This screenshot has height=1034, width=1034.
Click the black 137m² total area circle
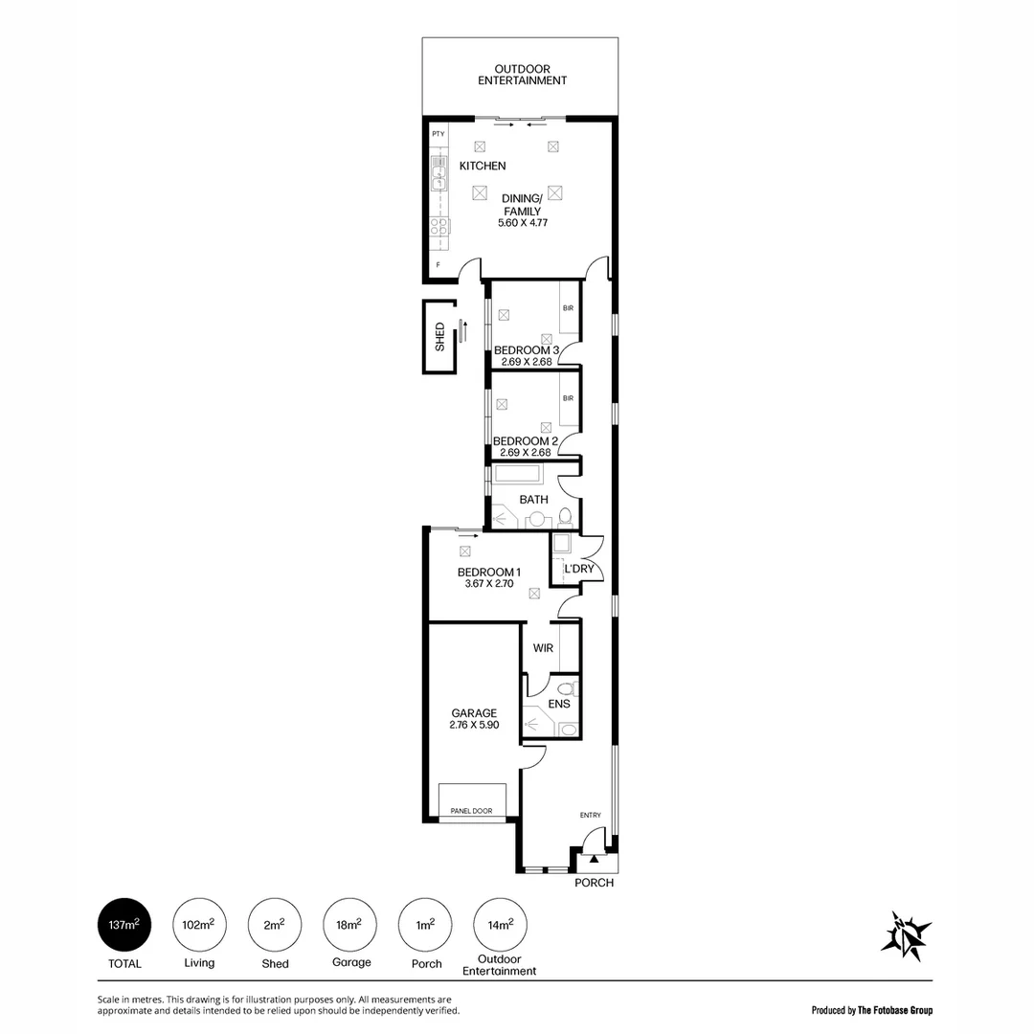click(x=124, y=925)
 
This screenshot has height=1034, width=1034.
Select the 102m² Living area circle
click(x=199, y=925)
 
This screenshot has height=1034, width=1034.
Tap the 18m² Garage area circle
click(x=350, y=925)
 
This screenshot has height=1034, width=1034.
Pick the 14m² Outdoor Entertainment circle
click(x=501, y=925)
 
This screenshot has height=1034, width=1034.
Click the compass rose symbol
click(x=906, y=934)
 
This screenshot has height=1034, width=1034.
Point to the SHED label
click(x=440, y=337)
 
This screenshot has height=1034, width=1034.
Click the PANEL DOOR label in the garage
click(x=471, y=811)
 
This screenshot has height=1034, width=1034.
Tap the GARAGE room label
click(x=474, y=713)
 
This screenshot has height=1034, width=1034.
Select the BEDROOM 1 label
click(x=488, y=572)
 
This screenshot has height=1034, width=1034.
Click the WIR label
click(x=543, y=648)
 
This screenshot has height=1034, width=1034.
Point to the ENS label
click(x=559, y=705)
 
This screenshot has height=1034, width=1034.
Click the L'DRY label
click(x=579, y=569)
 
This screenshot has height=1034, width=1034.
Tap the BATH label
click(x=533, y=500)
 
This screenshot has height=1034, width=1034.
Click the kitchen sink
click(x=439, y=177)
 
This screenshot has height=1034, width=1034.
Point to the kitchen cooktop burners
click(x=439, y=227)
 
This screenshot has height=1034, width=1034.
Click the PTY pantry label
click(x=438, y=134)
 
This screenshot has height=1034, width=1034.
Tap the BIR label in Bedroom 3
click(x=568, y=308)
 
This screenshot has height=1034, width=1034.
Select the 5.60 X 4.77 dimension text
click(x=522, y=223)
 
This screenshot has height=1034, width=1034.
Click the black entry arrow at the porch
click(x=593, y=860)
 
